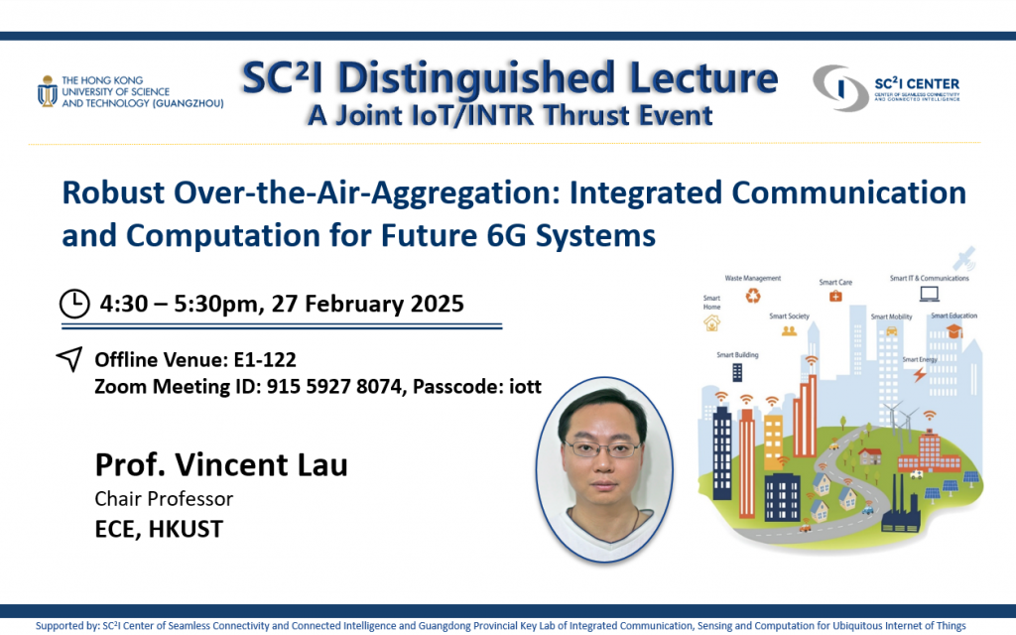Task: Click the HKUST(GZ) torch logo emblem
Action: click(x=47, y=91)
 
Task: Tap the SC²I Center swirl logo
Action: click(x=841, y=88)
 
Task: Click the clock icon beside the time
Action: click(x=74, y=304)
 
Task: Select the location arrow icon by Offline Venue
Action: click(x=69, y=359)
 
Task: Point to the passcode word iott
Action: click(x=525, y=386)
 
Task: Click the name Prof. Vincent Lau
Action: click(x=221, y=464)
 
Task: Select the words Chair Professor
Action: click(x=164, y=498)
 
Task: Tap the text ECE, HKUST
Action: click(x=159, y=529)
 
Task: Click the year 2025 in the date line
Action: click(x=437, y=304)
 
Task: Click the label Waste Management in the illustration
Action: click(x=753, y=278)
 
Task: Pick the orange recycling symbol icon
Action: click(x=753, y=296)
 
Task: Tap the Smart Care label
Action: click(x=835, y=282)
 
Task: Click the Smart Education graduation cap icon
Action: click(x=954, y=331)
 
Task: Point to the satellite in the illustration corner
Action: click(x=964, y=258)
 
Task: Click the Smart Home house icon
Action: click(x=712, y=322)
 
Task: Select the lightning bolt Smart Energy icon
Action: click(x=920, y=374)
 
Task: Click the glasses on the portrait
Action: click(x=602, y=448)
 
